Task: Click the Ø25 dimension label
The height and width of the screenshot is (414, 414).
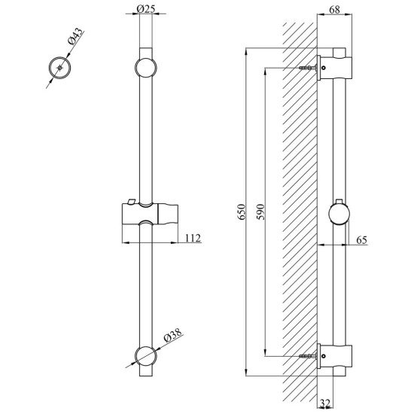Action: coord(145,9)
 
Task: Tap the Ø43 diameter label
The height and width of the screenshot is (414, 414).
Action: coord(75,36)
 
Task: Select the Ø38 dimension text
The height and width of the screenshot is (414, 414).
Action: coord(173,334)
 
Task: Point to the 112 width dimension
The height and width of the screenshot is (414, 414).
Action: coord(193,238)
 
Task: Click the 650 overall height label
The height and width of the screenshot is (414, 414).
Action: coord(242,212)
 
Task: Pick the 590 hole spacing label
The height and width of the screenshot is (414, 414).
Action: coord(260,212)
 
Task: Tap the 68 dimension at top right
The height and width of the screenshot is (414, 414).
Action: coord(334,10)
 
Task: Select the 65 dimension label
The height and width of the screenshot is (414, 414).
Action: coord(362,240)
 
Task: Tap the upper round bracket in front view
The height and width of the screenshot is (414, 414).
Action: coord(146,67)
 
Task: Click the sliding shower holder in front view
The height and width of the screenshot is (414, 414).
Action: coord(151,214)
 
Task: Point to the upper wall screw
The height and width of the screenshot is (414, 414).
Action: coord(308,68)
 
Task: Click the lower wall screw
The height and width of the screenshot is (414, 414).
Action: coord(308,356)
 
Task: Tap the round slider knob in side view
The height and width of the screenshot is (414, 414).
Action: coord(339,214)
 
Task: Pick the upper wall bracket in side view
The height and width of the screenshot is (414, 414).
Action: coord(334,68)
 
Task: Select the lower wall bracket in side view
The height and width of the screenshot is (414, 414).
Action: coord(334,356)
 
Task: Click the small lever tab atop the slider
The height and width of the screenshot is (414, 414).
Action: coord(131,201)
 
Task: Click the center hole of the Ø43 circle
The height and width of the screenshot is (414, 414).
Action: coord(59,68)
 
